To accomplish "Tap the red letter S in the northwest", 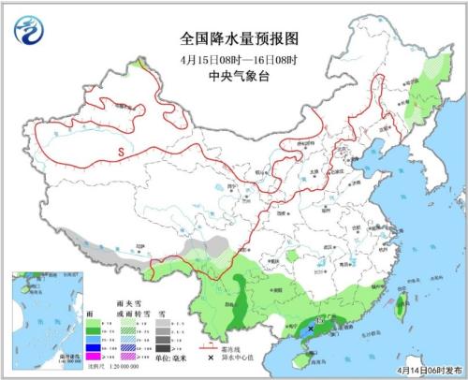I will click(x=121, y=151).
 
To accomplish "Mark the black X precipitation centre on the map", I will click(x=311, y=329).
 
